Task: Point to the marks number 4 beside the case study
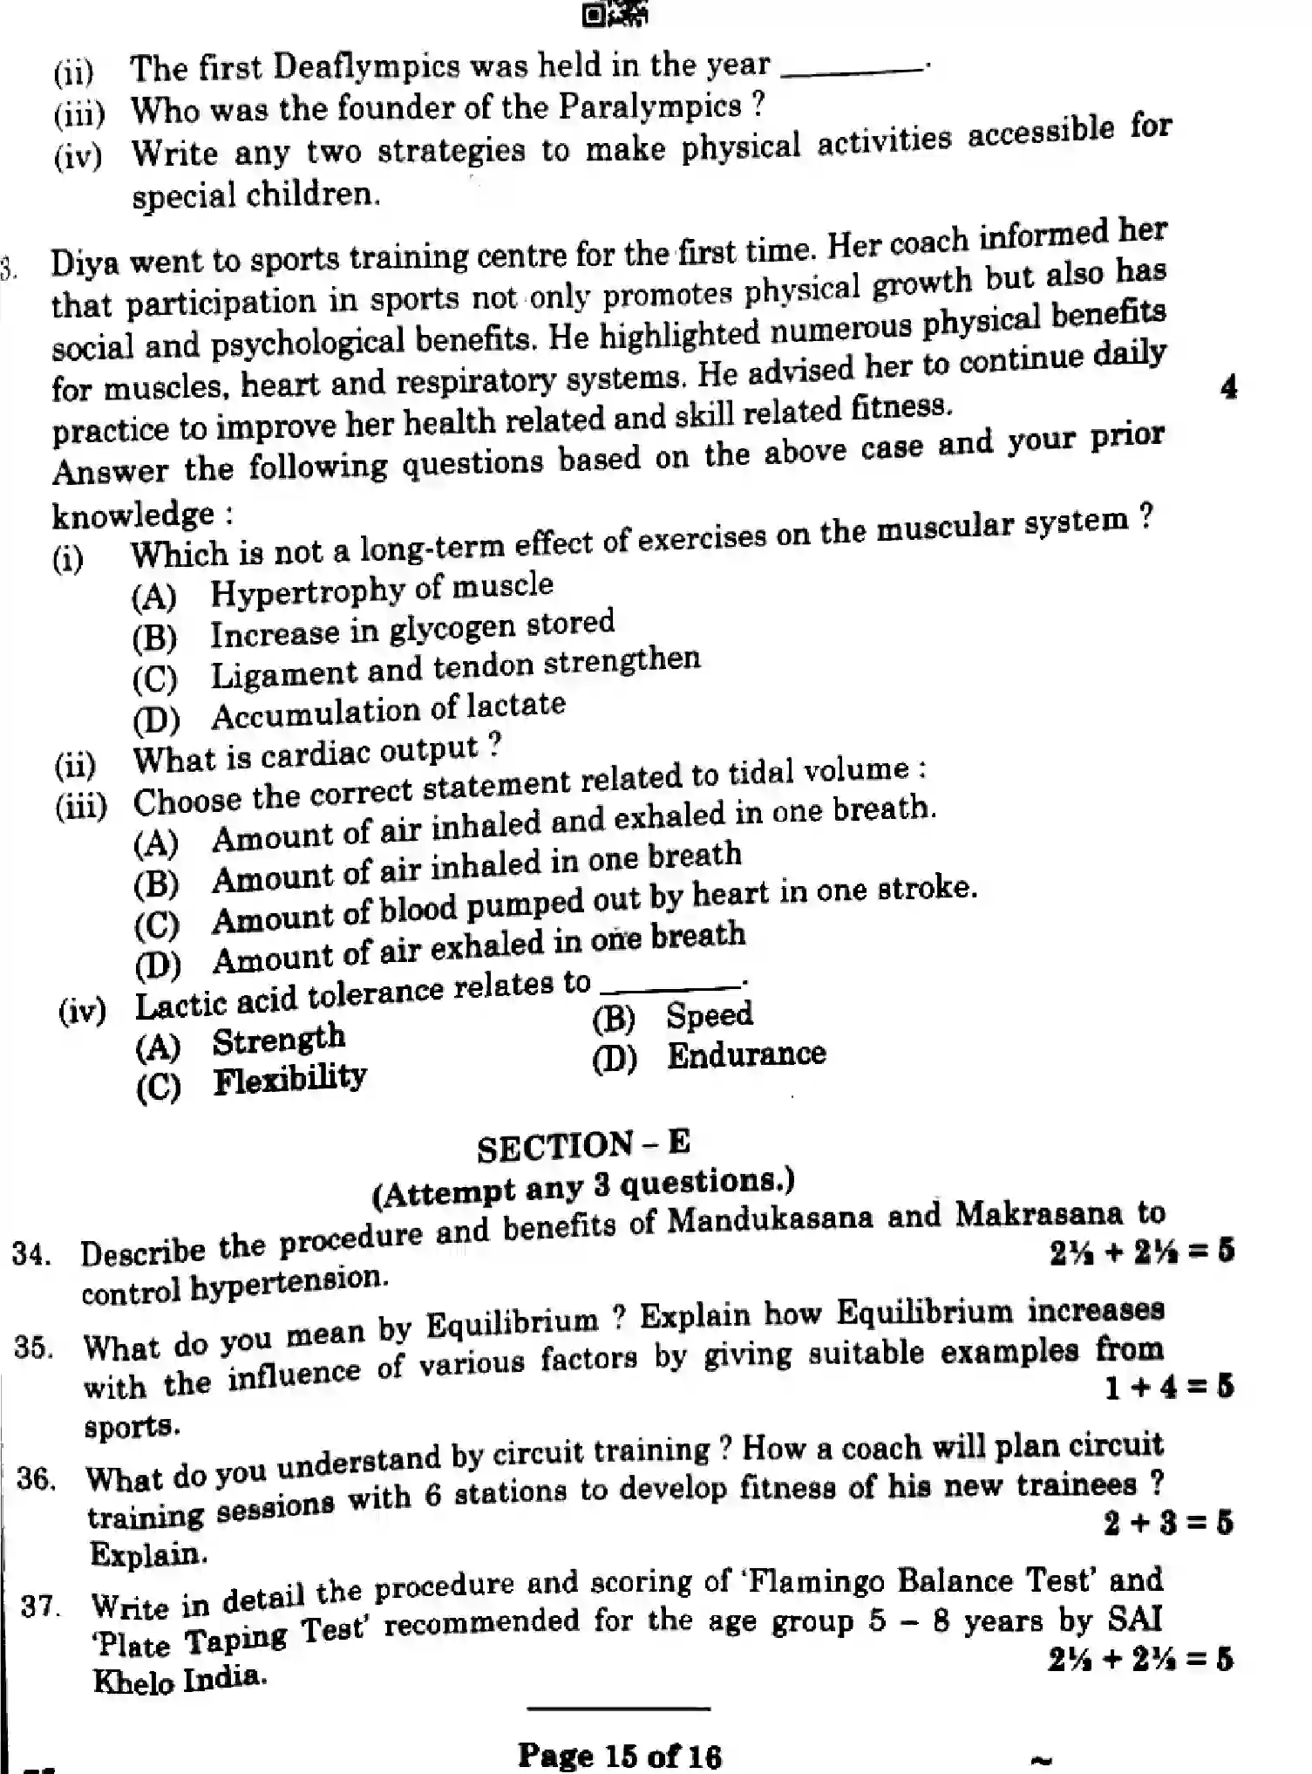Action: click(x=1228, y=386)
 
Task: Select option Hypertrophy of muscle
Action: click(x=381, y=589)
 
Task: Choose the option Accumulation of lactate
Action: click(x=388, y=711)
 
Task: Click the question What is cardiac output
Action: click(x=316, y=754)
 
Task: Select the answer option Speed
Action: click(x=709, y=1014)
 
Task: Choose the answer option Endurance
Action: click(x=745, y=1054)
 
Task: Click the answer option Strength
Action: click(x=278, y=1040)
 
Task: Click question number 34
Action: click(x=31, y=1255)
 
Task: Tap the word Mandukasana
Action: click(x=769, y=1219)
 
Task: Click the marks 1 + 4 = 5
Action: click(x=1168, y=1387)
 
